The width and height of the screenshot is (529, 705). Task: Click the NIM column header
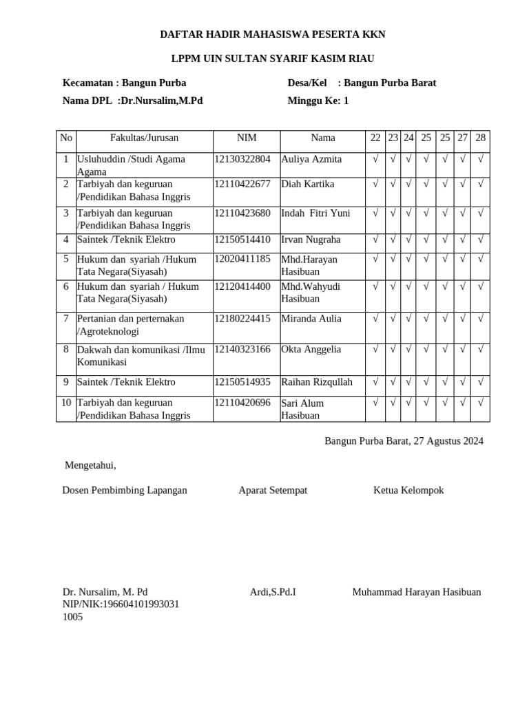[247, 138]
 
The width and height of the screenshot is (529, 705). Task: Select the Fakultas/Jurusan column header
[144, 138]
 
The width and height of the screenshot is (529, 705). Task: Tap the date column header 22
[375, 138]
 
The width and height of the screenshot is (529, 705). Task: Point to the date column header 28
[481, 138]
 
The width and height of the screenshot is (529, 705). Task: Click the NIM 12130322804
[242, 159]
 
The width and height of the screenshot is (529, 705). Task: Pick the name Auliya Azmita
[311, 159]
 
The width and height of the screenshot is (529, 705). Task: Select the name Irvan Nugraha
[311, 240]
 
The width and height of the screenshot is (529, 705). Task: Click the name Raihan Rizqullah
[317, 381]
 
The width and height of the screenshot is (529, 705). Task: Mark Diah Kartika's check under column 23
[393, 185]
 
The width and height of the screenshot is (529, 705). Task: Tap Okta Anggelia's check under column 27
[463, 349]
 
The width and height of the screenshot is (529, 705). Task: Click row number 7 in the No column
[66, 319]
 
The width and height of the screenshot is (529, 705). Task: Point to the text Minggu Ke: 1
[318, 101]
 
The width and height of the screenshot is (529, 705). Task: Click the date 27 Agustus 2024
[448, 441]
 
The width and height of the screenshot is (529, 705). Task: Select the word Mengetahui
[90, 465]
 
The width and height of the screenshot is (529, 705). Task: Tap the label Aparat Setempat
[273, 490]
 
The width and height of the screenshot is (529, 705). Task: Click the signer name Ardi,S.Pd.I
[273, 592]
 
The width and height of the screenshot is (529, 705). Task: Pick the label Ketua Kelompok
[408, 490]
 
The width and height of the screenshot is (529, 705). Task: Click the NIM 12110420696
[242, 403]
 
